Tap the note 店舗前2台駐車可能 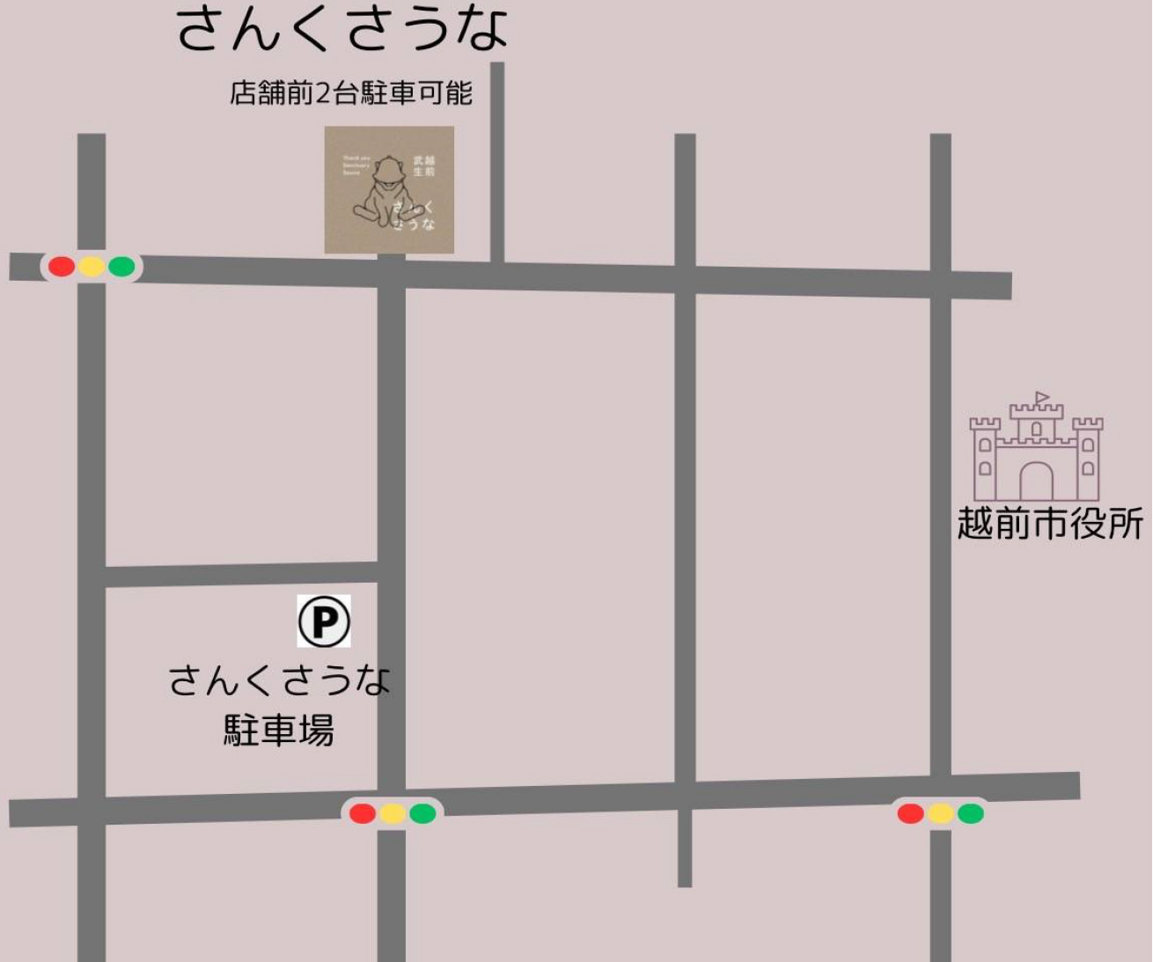pyautogui.click(x=351, y=92)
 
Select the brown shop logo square pyautogui.click(x=389, y=190)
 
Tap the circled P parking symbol pyautogui.click(x=324, y=621)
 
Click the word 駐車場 pyautogui.click(x=278, y=730)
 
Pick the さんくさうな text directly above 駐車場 pyautogui.click(x=278, y=680)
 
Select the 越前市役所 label pyautogui.click(x=1050, y=524)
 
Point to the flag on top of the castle pyautogui.click(x=1043, y=397)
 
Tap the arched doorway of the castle pyautogui.click(x=1036, y=481)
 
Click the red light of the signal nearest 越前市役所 pyautogui.click(x=910, y=813)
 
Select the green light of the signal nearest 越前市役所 pyautogui.click(x=971, y=813)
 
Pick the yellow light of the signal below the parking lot pyautogui.click(x=393, y=813)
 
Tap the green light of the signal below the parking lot pyautogui.click(x=422, y=813)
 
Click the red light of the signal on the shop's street pyautogui.click(x=62, y=266)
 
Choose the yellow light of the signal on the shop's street pyautogui.click(x=92, y=266)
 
